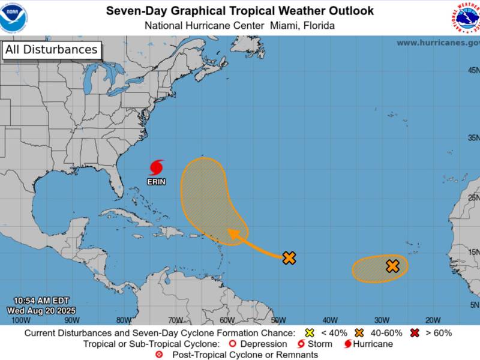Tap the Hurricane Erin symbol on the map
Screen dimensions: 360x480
pyautogui.click(x=157, y=167)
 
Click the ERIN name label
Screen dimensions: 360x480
pyautogui.click(x=156, y=181)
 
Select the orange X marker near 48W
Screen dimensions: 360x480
pyautogui.click(x=289, y=258)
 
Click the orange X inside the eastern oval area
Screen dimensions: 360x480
pyautogui.click(x=392, y=266)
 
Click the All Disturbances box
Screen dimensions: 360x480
pyautogui.click(x=51, y=50)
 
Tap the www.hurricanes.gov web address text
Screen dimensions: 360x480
pyautogui.click(x=438, y=43)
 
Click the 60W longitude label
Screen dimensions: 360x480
pyautogui.click(x=227, y=320)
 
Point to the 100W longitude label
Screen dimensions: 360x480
pyautogui.click(x=21, y=320)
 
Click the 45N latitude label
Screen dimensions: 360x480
pyautogui.click(x=473, y=70)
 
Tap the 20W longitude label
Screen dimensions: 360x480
pyautogui.click(x=433, y=320)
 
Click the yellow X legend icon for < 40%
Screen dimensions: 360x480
pyautogui.click(x=310, y=333)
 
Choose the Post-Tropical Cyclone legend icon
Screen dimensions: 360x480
pyautogui.click(x=159, y=355)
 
